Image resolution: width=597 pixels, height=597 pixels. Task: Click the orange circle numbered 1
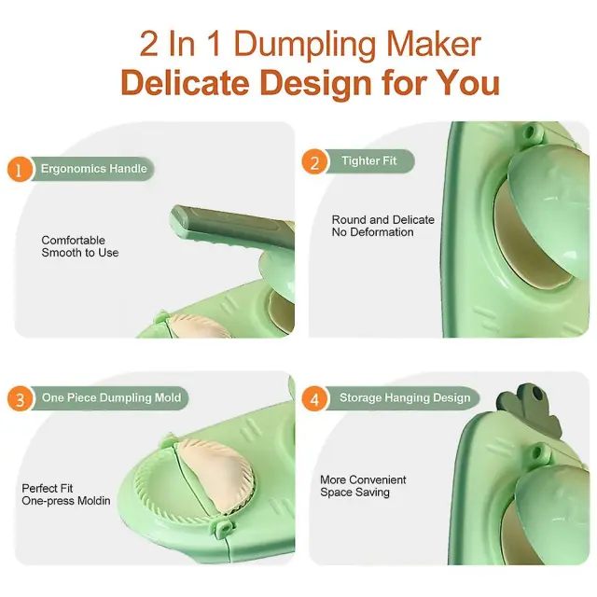tap(19, 169)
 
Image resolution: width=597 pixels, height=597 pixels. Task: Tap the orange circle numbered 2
tap(314, 161)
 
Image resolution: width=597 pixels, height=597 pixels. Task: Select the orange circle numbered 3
tap(20, 398)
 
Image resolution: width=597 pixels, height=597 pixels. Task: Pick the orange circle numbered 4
tap(314, 398)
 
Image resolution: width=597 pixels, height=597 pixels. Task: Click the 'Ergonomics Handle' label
tap(93, 169)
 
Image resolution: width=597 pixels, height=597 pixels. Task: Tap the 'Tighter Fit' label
tap(369, 160)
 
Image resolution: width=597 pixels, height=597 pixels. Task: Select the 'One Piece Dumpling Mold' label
tap(111, 398)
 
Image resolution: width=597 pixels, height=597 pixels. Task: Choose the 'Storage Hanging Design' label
tap(405, 398)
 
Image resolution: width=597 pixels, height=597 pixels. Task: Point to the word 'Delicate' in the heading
tap(185, 83)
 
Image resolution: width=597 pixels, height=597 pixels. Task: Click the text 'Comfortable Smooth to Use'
tap(80, 246)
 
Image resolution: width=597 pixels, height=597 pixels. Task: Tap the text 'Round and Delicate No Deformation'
tap(383, 226)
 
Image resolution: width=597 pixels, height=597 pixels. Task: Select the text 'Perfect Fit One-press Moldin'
tap(66, 494)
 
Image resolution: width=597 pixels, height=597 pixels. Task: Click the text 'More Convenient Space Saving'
tap(363, 486)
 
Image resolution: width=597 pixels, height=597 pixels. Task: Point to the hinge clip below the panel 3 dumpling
tap(224, 528)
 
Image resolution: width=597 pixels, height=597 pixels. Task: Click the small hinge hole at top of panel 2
tap(529, 133)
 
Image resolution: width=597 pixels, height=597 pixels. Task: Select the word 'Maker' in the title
tap(434, 44)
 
